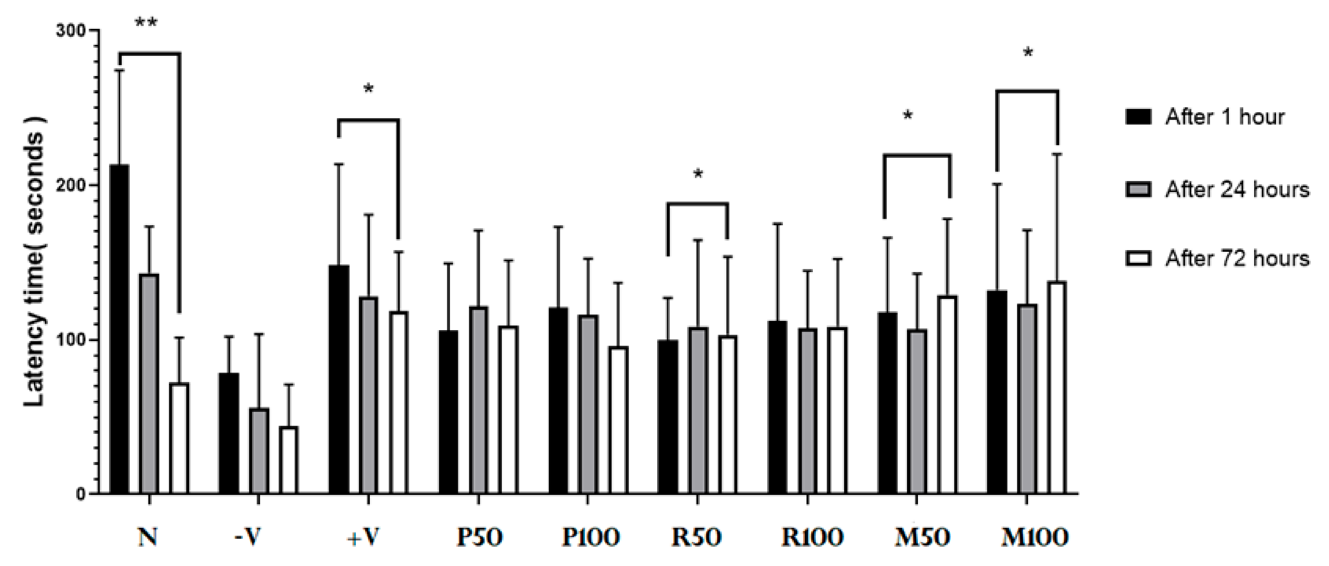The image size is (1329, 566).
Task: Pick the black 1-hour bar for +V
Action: point(339,379)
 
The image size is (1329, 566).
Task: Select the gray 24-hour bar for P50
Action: point(478,400)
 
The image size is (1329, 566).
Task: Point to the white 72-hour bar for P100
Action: point(618,420)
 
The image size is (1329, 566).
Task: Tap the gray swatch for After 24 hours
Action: point(1137,189)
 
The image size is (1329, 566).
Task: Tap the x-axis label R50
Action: point(696,538)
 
